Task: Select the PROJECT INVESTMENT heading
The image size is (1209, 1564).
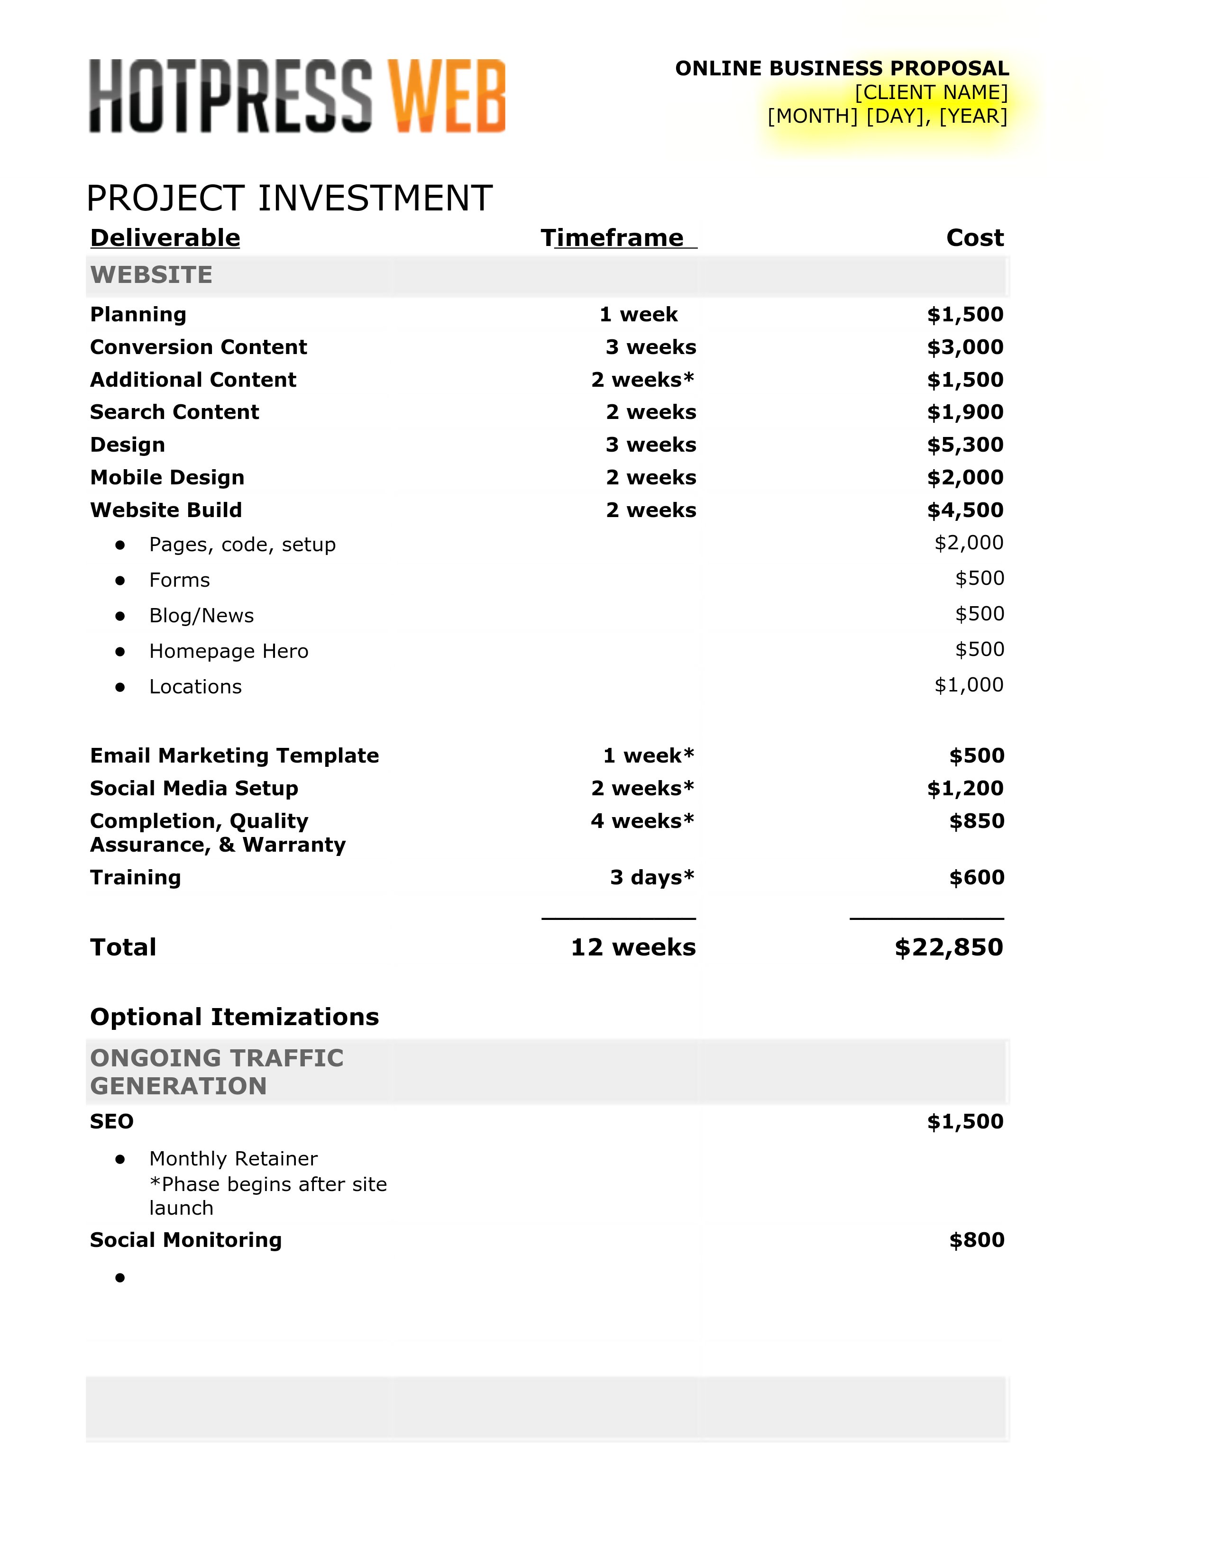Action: pos(289,199)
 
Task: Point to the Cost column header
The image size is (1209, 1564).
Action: pos(974,238)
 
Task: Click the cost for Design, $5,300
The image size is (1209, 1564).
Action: pos(965,445)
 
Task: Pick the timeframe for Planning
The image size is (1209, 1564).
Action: pos(638,314)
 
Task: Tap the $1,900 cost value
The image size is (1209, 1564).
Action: pos(965,412)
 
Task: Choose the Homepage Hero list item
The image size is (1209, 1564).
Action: pos(229,651)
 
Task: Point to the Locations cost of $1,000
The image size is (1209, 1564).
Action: pos(968,685)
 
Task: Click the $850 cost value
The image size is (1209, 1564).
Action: pos(976,821)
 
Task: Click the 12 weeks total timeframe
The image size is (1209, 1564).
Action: pos(633,947)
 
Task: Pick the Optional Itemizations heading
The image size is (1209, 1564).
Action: pos(234,1017)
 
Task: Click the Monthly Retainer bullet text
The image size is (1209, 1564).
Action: pos(233,1159)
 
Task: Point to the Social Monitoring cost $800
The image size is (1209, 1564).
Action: pos(976,1240)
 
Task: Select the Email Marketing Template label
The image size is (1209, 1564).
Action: pos(234,755)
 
